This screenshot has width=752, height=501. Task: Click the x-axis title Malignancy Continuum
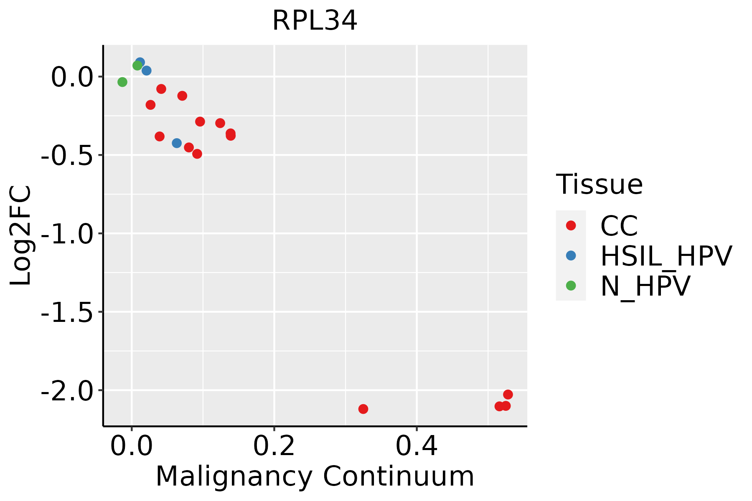click(x=315, y=476)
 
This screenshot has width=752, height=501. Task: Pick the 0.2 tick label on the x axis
click(x=274, y=446)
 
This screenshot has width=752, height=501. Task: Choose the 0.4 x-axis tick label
click(x=417, y=446)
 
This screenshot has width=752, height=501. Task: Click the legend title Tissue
click(x=599, y=184)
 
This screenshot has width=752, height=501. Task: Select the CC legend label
click(x=619, y=226)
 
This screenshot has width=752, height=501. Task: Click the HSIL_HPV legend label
click(x=666, y=256)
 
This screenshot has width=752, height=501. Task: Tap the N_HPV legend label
click(x=645, y=286)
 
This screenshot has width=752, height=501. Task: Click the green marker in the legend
click(x=571, y=286)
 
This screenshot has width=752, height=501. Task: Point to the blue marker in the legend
click(x=571, y=256)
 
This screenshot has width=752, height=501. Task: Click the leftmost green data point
click(x=122, y=82)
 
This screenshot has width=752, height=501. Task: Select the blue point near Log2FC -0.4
click(x=177, y=143)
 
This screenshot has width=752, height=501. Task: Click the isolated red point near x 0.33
click(x=363, y=409)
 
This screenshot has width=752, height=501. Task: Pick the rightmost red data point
click(x=508, y=395)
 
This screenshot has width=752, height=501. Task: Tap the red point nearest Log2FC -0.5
click(x=197, y=154)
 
